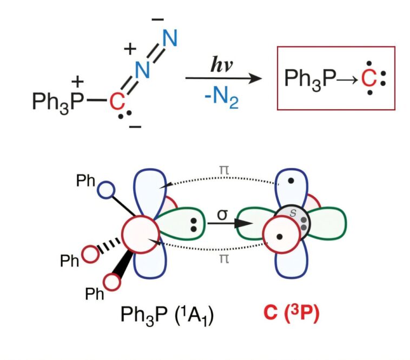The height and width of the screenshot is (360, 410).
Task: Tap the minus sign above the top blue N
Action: [x=158, y=19]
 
